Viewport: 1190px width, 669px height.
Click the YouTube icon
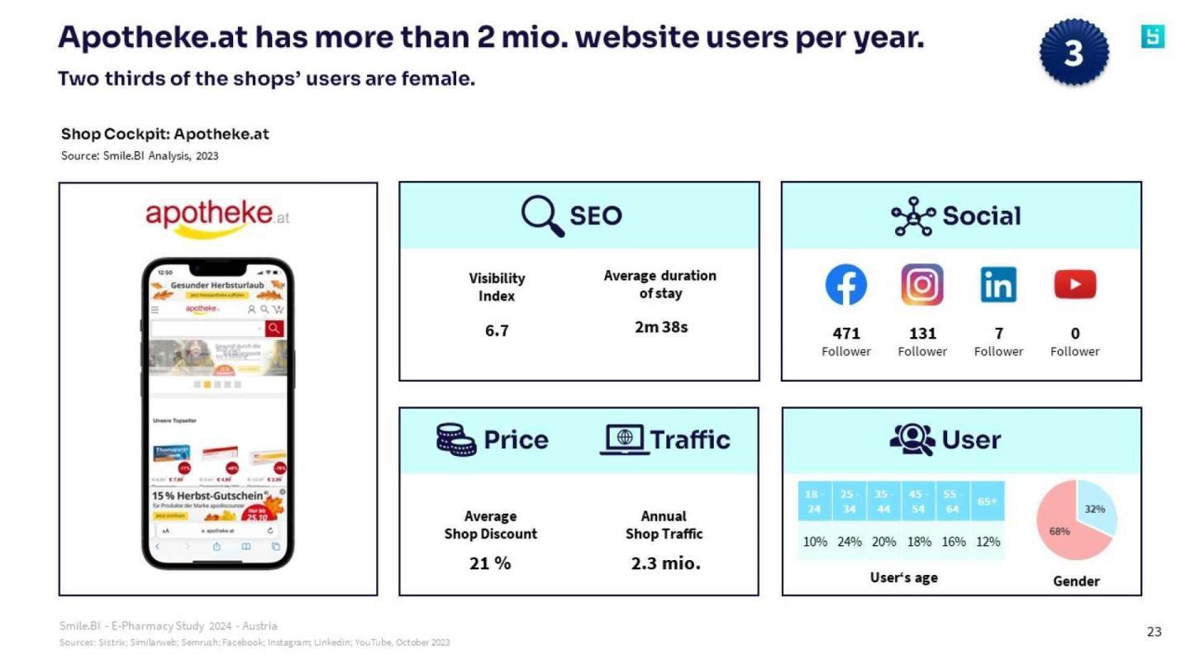click(x=1075, y=285)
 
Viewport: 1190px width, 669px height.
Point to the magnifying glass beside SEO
click(x=542, y=216)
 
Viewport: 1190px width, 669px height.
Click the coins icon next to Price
click(x=456, y=439)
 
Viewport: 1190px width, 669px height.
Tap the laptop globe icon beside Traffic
click(x=624, y=439)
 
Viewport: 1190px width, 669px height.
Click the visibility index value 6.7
click(x=497, y=330)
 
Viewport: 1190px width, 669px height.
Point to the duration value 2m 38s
click(x=660, y=327)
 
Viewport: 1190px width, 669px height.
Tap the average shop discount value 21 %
click(x=490, y=563)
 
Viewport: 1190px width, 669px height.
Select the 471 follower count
click(x=846, y=334)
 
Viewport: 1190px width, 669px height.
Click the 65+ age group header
click(x=988, y=501)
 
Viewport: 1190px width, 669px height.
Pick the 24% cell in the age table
click(x=849, y=542)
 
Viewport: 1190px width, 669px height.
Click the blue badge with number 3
click(x=1073, y=53)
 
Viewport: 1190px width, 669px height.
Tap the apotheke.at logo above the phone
click(x=217, y=216)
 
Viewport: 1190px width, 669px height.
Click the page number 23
click(x=1154, y=632)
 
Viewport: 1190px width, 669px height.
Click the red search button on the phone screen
click(x=274, y=328)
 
